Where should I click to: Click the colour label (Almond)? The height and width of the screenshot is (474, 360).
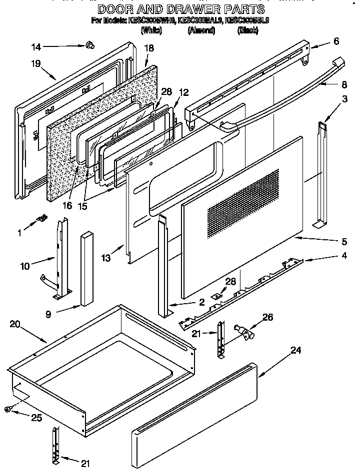[201, 31]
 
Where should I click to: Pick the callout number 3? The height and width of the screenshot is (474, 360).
[344, 99]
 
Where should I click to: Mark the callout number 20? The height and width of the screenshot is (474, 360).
[15, 324]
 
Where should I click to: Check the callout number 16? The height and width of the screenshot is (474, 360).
[67, 205]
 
